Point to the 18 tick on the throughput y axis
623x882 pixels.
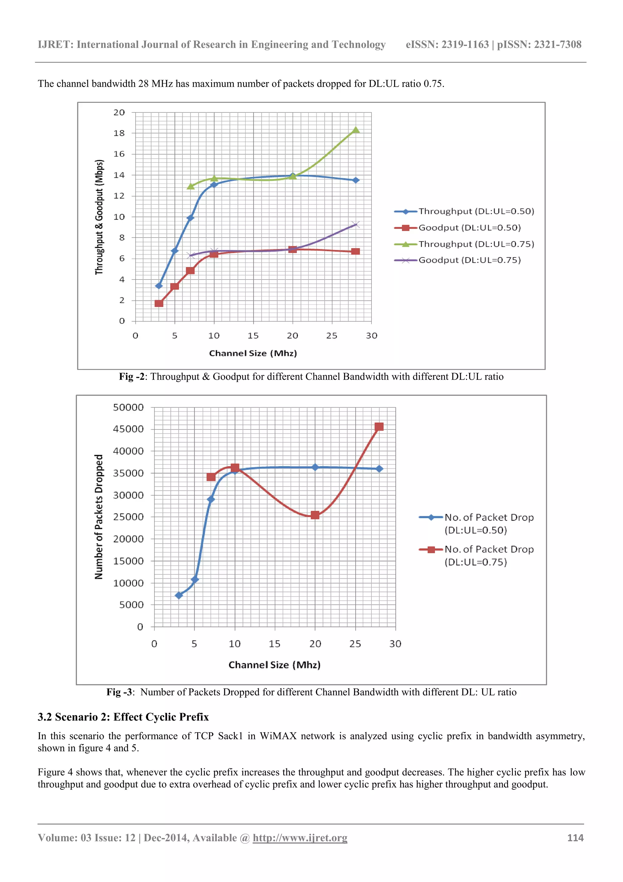tap(119, 133)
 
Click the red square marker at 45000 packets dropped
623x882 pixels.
tap(379, 427)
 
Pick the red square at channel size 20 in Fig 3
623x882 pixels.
tap(315, 515)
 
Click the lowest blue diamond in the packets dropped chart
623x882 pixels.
tap(179, 596)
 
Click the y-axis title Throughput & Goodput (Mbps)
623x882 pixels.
tap(99, 217)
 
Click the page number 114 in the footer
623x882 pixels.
tap(575, 838)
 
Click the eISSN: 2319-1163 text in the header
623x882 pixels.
tap(447, 44)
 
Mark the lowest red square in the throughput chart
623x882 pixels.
tap(158, 304)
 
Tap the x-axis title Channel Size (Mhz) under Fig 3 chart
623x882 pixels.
tap(274, 665)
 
